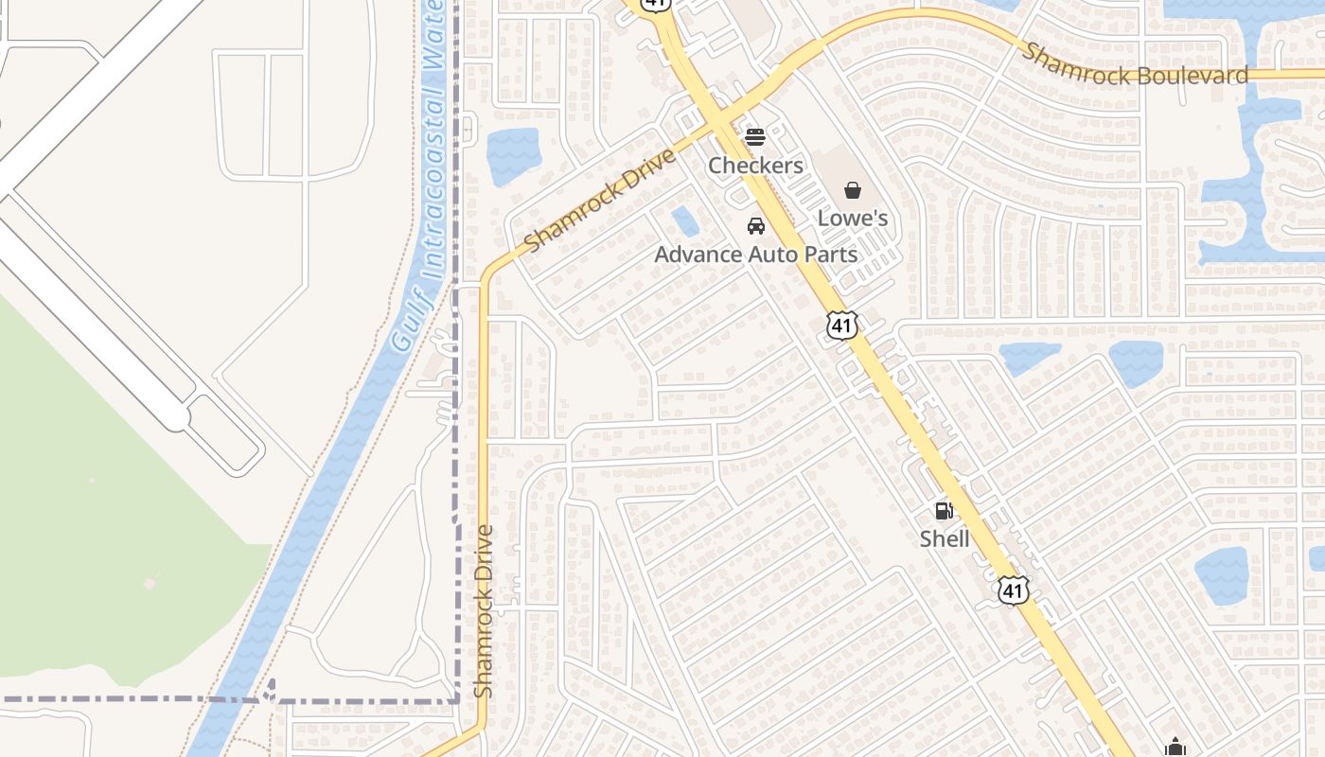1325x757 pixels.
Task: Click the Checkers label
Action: coord(755,166)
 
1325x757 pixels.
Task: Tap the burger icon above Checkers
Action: coord(754,137)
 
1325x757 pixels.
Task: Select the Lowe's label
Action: coord(852,219)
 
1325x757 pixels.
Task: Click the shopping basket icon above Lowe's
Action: coord(853,190)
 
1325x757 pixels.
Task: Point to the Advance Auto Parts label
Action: coord(755,255)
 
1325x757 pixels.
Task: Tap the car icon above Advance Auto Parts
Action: coord(755,226)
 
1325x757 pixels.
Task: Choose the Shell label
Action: coord(944,538)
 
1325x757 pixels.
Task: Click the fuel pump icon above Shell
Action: coord(944,511)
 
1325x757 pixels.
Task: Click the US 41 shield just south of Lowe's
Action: coord(841,325)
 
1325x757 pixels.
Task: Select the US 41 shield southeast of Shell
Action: coord(1013,590)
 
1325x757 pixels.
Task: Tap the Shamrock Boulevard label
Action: coord(1134,64)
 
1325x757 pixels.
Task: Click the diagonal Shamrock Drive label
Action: coord(599,201)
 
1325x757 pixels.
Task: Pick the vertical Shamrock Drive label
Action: coord(484,611)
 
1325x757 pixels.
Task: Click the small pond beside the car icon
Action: coord(685,221)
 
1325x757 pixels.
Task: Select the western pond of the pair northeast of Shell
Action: coord(1030,358)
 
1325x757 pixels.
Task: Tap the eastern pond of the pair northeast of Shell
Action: coord(1136,362)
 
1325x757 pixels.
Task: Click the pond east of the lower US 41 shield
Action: coord(1221,575)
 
